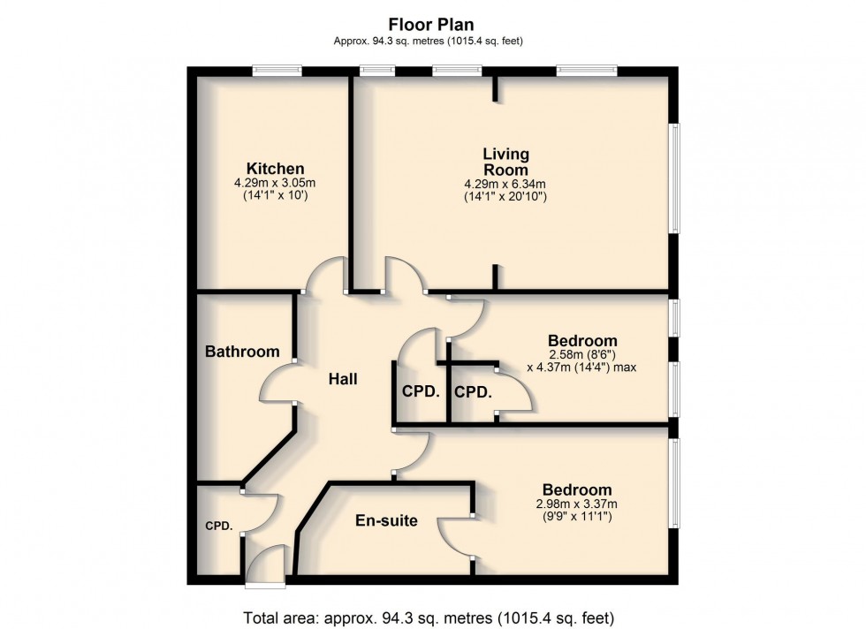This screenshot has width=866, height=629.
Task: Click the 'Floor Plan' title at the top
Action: (431, 25)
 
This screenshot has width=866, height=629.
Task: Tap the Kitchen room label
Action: (275, 169)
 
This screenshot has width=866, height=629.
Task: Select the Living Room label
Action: (505, 163)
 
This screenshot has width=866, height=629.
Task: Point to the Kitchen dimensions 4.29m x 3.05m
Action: (275, 183)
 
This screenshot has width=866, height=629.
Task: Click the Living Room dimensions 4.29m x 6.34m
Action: (505, 184)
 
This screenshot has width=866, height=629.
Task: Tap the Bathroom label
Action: (242, 352)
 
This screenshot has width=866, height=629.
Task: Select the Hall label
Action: (343, 379)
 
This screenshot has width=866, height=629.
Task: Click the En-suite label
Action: (386, 520)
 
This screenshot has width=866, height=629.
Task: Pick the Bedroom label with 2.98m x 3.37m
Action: (577, 490)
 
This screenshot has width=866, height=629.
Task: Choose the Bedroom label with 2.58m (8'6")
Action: (582, 341)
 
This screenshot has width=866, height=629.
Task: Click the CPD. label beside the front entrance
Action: (219, 527)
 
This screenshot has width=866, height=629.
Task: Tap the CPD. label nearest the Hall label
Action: (421, 391)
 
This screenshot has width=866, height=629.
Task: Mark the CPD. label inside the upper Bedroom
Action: (473, 391)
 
